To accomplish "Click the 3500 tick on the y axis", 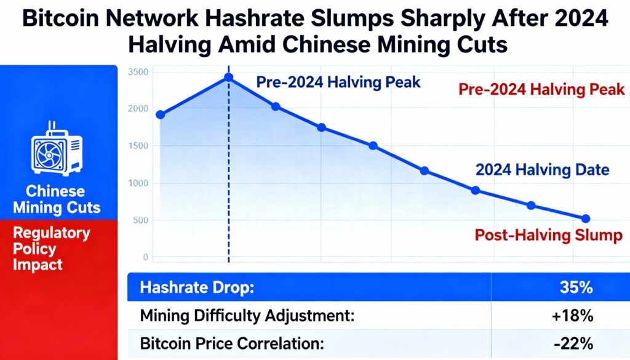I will [x=138, y=72].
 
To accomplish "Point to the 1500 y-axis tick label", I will [x=138, y=146].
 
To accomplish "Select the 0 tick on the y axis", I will [x=145, y=257].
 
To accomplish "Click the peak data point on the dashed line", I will [x=229, y=77].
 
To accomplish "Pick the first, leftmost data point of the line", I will [x=161, y=114].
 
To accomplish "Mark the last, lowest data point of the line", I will [x=585, y=218].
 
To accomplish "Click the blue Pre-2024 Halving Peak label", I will [x=338, y=82].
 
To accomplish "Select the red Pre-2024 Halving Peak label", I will [x=541, y=89].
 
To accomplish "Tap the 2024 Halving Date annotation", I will [x=542, y=170].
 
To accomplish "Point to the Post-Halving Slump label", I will [x=549, y=235].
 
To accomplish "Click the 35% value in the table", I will [x=576, y=287].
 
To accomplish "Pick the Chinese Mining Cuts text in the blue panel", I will [x=57, y=199].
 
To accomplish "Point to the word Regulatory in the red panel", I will [x=52, y=233].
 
